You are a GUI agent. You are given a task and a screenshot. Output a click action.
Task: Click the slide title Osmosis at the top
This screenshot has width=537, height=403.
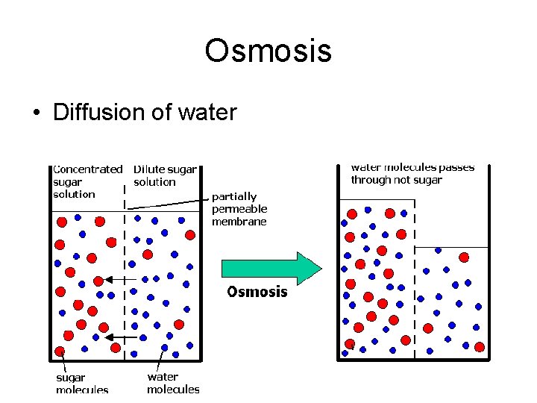268,51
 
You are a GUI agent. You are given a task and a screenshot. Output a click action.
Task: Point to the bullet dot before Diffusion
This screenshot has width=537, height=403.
37,113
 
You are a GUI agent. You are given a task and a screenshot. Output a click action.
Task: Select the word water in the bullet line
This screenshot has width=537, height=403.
207,113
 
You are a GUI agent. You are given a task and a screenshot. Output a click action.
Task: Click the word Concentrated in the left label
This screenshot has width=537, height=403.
87,169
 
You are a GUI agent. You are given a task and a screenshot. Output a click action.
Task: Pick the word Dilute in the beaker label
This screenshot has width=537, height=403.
148,169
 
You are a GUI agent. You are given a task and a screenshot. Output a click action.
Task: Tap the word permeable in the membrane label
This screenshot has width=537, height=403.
239,209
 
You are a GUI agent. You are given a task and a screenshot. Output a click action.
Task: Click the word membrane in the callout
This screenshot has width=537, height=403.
239,222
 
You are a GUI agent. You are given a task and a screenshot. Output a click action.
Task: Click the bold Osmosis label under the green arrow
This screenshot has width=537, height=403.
257,292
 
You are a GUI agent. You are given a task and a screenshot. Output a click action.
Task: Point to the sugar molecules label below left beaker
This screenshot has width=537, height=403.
82,383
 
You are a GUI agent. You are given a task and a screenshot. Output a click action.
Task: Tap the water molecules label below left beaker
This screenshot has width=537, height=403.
173,383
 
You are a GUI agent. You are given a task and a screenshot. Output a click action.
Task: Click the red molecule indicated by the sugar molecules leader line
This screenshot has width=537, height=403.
60,351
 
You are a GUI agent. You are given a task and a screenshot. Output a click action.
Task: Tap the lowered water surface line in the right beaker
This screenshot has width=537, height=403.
451,247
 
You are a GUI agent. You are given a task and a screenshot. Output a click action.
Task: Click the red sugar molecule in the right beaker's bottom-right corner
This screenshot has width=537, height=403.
479,347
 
